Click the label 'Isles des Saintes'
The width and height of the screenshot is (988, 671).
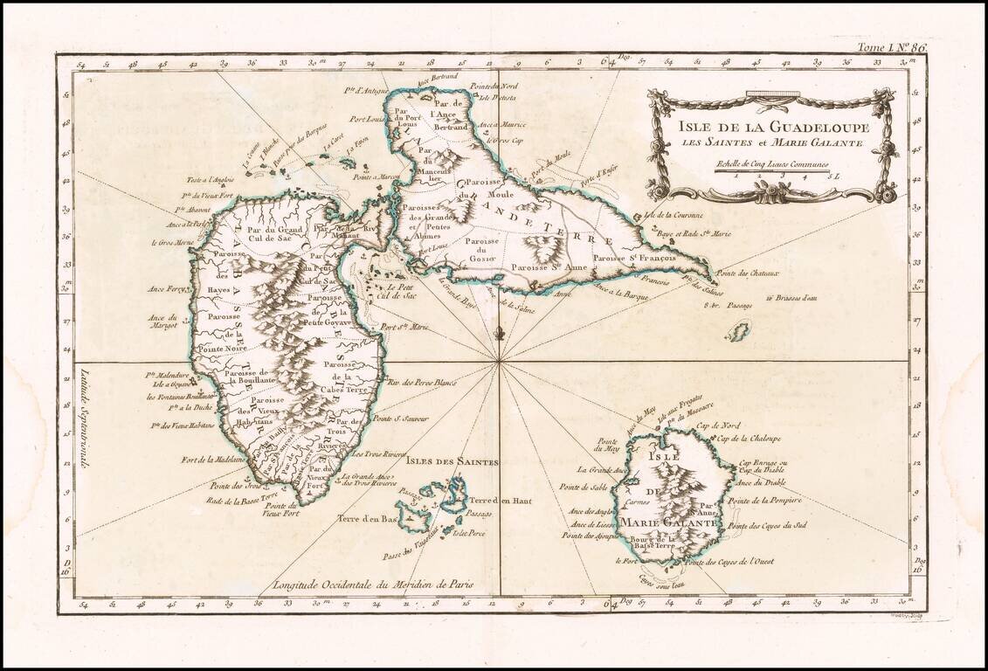pos(439,460)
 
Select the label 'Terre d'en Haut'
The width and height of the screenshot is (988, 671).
pos(501,501)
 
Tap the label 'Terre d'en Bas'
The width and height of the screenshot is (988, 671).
pos(368,518)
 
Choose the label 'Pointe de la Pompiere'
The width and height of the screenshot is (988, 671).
pos(764,501)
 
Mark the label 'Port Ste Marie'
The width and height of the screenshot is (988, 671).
pos(404,329)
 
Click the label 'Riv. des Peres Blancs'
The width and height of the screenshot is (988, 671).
pos(422,381)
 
